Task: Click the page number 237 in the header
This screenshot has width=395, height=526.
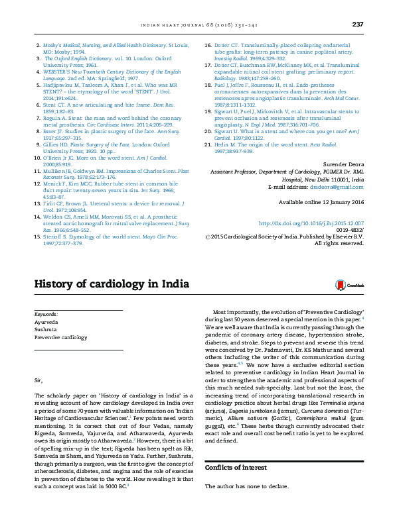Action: [x=358, y=25]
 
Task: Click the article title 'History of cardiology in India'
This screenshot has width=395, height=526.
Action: [x=112, y=284]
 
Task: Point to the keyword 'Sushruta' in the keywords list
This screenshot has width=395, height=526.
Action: [x=46, y=329]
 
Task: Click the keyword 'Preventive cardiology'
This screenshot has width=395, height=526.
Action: [x=60, y=337]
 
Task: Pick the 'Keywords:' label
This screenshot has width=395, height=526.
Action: [x=46, y=313]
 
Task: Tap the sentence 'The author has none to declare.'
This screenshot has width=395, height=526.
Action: [x=246, y=487]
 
